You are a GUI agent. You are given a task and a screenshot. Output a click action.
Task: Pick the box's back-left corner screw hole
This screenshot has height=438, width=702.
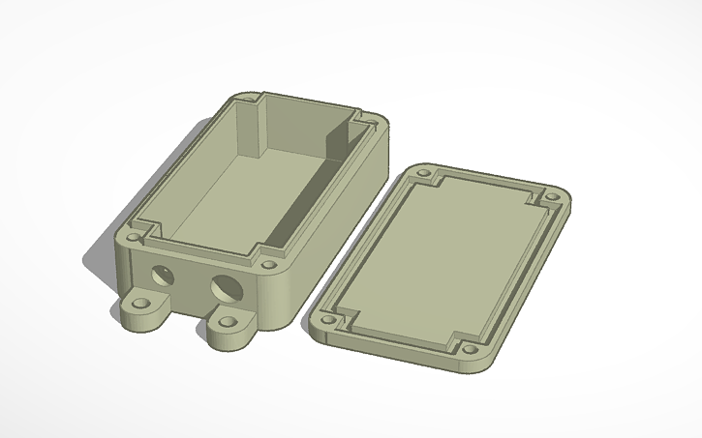(x=246, y=98)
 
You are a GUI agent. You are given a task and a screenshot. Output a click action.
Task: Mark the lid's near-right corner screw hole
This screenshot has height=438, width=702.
(x=470, y=349)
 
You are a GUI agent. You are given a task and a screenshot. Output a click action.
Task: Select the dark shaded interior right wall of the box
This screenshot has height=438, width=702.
(x=310, y=193)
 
